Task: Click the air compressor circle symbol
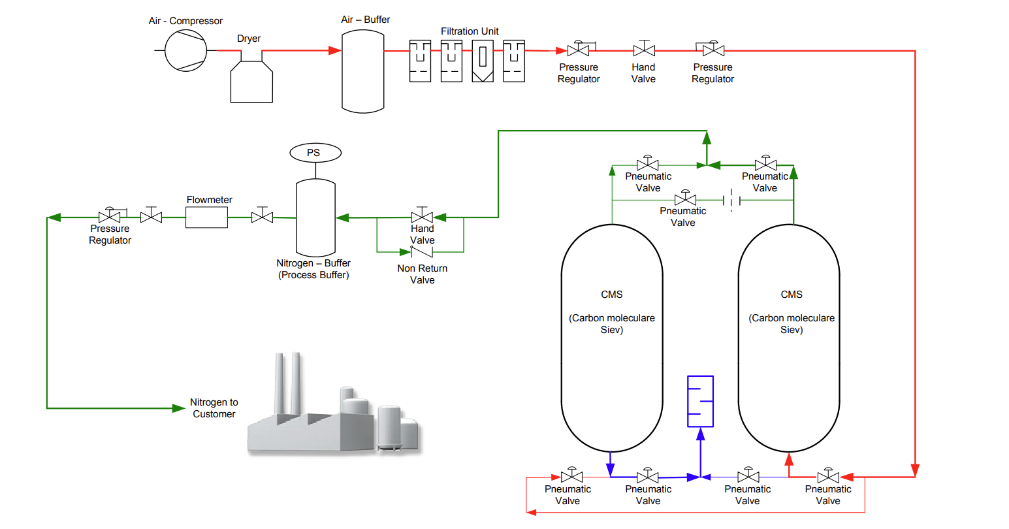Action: (185, 50)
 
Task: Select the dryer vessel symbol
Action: (251, 82)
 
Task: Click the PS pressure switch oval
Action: (315, 153)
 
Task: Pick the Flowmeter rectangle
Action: (206, 217)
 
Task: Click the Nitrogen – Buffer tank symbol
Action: (315, 218)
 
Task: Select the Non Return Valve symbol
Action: (422, 251)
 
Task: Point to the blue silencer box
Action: (700, 401)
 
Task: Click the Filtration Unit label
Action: (470, 31)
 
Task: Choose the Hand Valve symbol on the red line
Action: (644, 50)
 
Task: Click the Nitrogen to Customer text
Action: (214, 408)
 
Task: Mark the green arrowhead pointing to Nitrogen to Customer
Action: (178, 408)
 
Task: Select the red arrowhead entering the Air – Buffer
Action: (334, 50)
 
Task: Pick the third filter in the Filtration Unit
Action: (483, 61)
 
